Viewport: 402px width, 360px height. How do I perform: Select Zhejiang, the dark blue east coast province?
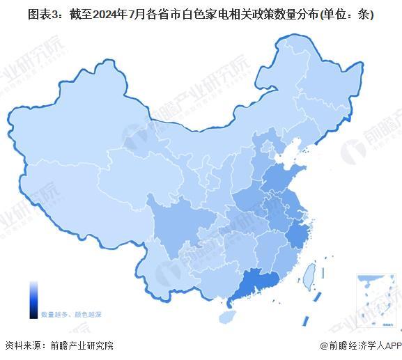298,233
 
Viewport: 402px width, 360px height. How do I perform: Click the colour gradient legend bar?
33,299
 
